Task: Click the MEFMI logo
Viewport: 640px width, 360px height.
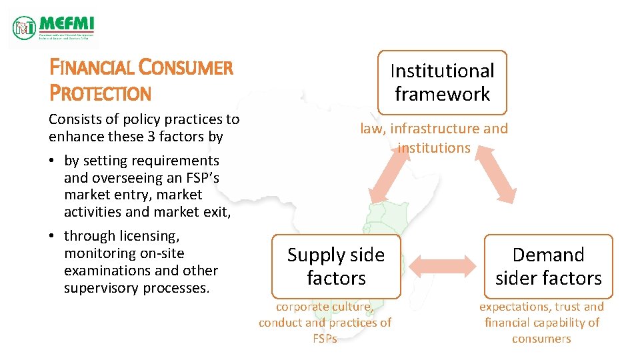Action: [53, 27]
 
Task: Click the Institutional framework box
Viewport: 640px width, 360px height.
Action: [442, 82]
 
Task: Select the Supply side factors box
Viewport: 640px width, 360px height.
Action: [336, 266]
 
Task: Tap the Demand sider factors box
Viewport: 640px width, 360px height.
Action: [548, 266]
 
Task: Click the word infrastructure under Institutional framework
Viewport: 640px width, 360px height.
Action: [445, 129]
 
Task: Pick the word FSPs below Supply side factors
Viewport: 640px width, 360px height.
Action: [325, 339]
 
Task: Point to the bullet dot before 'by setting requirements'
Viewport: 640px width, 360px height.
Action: [54, 161]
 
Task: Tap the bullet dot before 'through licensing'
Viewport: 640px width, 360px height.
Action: [54, 236]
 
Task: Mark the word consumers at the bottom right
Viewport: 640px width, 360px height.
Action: [541, 339]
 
